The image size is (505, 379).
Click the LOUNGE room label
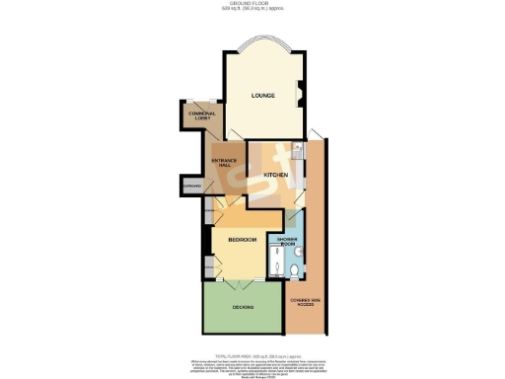[261, 96]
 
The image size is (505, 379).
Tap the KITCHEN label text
[275, 175]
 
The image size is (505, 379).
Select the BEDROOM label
[242, 240]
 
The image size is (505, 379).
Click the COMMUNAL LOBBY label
[201, 116]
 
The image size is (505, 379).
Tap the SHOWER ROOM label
[287, 241]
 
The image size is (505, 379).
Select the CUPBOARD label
[191, 186]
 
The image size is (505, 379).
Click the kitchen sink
[296, 149]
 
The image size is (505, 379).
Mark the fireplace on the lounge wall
[303, 96]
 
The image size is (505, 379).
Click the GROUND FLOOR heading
[252, 5]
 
